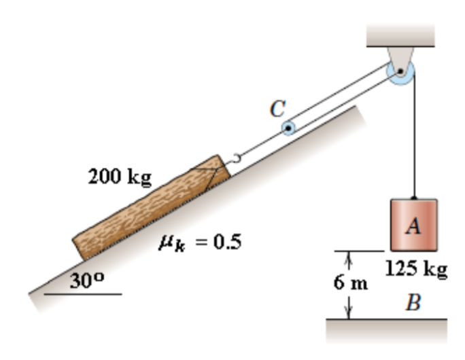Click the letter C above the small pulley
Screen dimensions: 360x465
278,108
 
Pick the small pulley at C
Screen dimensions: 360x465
289,128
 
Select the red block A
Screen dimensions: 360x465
413,224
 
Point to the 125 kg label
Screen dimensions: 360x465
416,270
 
